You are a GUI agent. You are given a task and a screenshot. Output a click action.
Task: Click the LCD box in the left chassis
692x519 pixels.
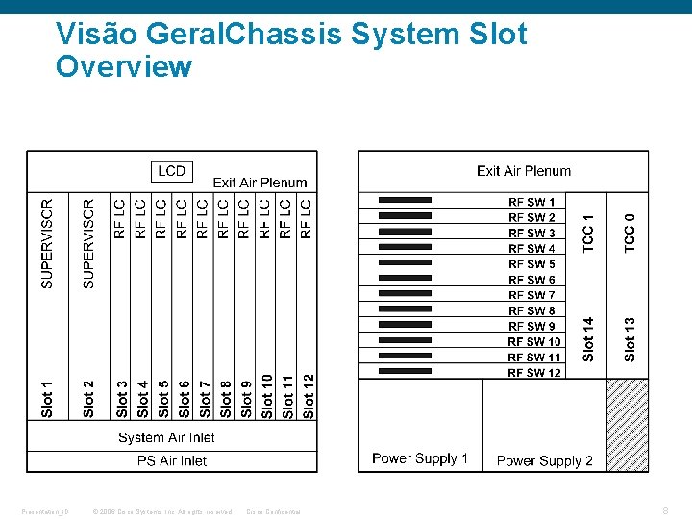172,171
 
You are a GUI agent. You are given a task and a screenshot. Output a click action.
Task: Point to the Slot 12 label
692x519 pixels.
309,396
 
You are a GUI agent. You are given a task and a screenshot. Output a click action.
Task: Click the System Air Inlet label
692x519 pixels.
166,437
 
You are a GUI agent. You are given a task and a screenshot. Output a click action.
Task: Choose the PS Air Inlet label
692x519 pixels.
172,461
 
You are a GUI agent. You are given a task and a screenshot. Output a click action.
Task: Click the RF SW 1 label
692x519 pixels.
531,202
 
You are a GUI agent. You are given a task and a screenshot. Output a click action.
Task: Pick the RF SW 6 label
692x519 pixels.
531,280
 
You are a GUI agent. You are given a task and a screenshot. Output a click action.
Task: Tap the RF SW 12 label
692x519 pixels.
534,373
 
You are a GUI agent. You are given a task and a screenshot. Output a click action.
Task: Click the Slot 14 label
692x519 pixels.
589,339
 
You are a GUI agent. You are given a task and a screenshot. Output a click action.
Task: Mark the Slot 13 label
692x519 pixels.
630,339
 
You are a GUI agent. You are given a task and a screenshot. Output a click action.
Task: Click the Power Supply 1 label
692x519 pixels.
420,458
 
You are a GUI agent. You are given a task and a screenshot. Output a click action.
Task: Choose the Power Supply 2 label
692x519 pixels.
544,461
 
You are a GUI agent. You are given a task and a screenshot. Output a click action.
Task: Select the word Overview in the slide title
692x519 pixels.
124,67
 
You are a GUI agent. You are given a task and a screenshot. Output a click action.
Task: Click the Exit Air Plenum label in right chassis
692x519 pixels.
524,171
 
